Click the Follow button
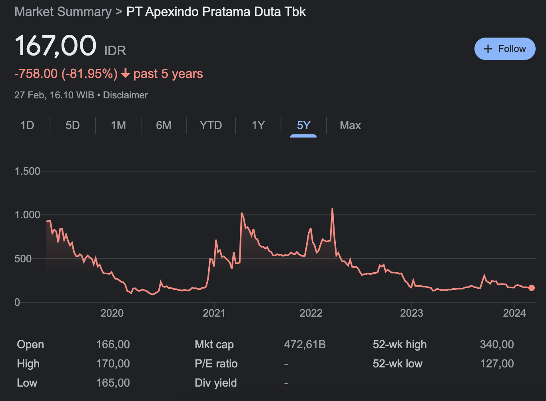tap(504, 49)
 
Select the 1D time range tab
tap(27, 126)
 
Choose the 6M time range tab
tap(163, 126)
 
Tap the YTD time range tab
tap(211, 126)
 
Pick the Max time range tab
tap(350, 126)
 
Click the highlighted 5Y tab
tap(303, 126)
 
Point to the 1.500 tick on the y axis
tap(28, 171)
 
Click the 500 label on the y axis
tap(23, 259)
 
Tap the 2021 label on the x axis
tap(214, 313)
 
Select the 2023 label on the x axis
tap(411, 313)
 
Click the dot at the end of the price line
tap(531, 288)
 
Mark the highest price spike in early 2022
tap(332, 209)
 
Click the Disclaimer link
tap(126, 95)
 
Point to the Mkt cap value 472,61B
tap(305, 345)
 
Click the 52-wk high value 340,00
tap(496, 345)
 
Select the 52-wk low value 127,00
tap(496, 364)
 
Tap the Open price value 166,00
tap(113, 345)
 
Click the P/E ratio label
tap(216, 364)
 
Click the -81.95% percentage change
tap(90, 74)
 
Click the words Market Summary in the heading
tap(63, 12)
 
